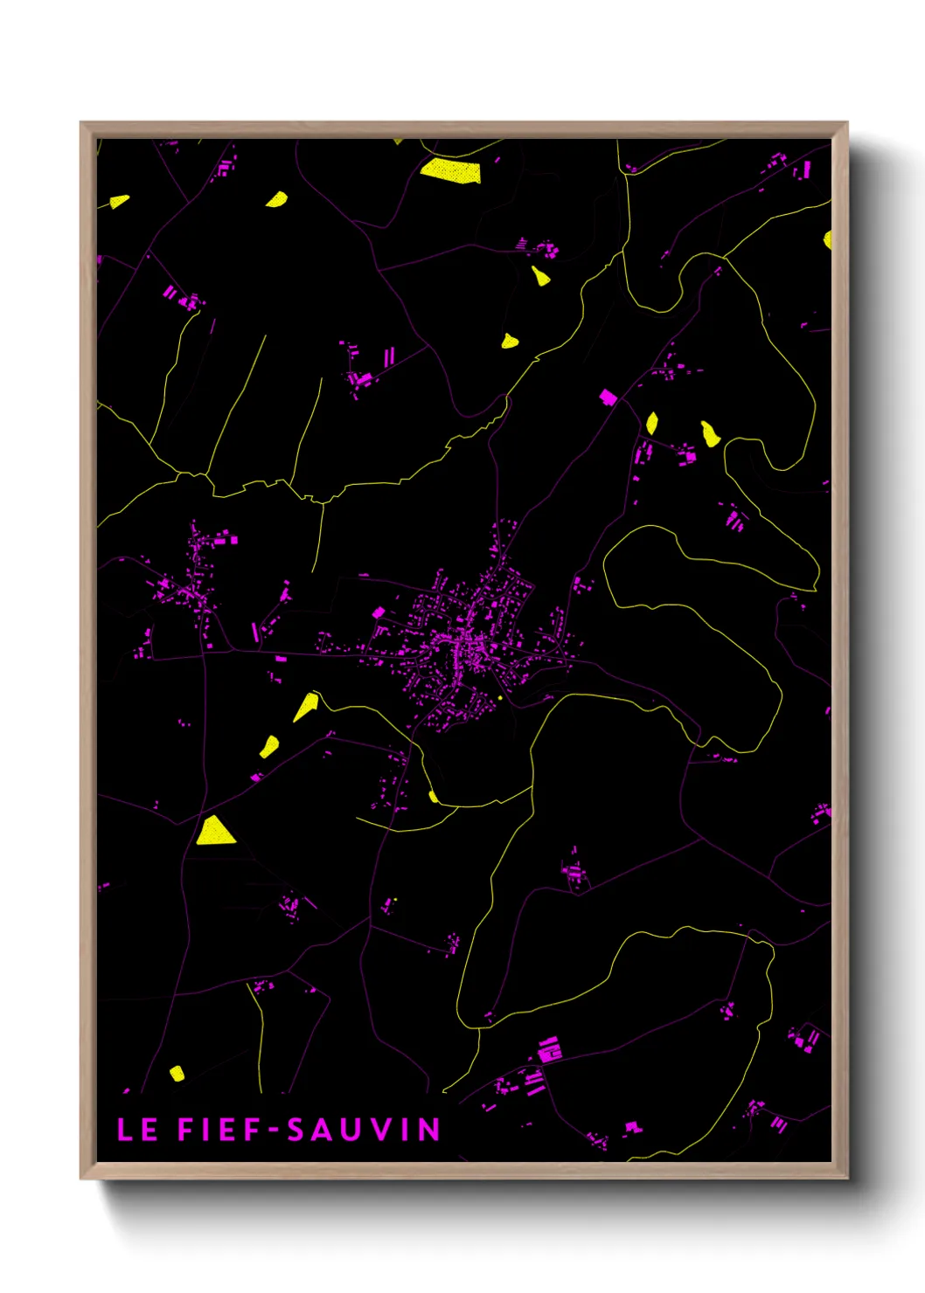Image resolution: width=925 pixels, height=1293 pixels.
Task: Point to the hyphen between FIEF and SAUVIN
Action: pos(275,1130)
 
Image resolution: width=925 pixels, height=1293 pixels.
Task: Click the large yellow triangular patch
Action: pos(214,831)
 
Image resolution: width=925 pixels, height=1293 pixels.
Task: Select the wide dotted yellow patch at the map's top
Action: pos(450,170)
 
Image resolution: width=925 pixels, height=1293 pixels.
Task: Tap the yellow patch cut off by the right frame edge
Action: pos(827,239)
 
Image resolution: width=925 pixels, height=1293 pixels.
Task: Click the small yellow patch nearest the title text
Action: pos(177,1073)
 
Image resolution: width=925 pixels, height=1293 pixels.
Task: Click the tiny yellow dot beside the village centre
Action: pos(499,697)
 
